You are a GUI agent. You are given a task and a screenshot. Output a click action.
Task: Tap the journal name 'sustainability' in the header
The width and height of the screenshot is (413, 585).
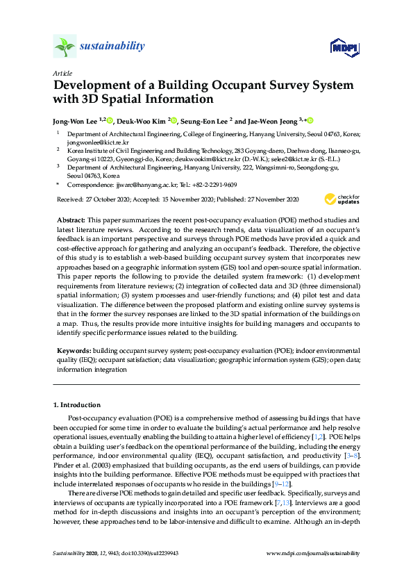pos(112,47)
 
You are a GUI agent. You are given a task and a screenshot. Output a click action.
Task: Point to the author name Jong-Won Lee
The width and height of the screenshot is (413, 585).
pos(74,120)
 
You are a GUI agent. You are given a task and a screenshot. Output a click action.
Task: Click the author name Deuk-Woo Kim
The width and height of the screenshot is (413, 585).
pos(142,120)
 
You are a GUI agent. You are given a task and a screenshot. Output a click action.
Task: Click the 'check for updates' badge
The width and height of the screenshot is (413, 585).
pos(343,200)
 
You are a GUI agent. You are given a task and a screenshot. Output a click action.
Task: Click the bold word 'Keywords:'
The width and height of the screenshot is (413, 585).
pos(73,352)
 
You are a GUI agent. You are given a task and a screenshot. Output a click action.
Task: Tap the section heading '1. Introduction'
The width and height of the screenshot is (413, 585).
pos(77,404)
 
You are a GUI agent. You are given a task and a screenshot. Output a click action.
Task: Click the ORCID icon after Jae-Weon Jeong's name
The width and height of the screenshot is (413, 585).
pos(310,120)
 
